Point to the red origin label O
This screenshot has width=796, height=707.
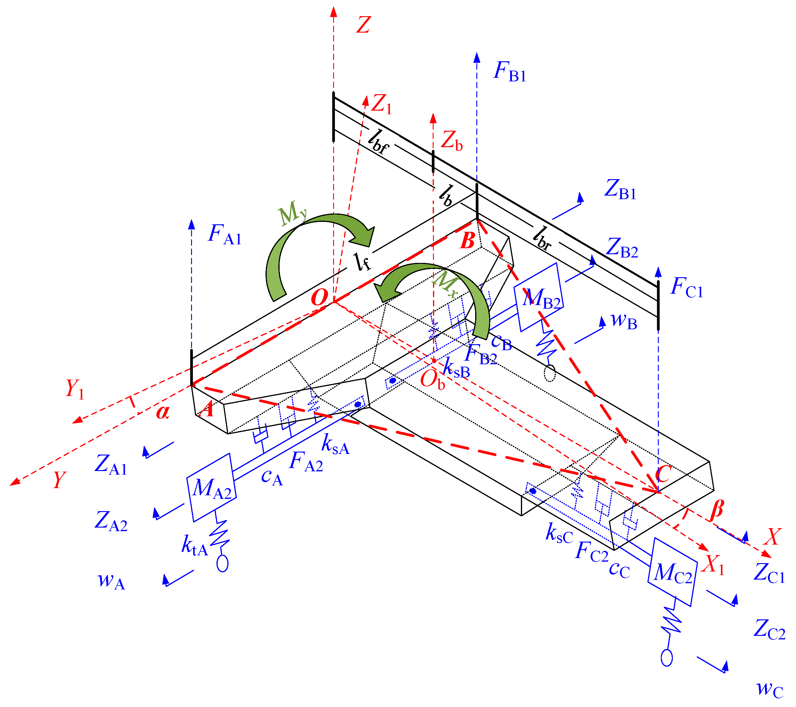point(319,298)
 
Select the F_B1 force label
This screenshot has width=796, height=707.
point(509,72)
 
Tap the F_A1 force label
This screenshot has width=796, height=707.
point(225,235)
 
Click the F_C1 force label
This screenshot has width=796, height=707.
point(686,288)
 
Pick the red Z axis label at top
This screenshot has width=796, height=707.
point(363,25)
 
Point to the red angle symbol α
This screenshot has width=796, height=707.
point(163,412)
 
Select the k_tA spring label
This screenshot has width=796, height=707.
point(194,545)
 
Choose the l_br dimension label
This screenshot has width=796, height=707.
point(542,238)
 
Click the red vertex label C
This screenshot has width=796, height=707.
point(663,474)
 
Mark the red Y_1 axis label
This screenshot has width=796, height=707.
point(74,389)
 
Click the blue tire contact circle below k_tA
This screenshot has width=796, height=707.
point(222,564)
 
